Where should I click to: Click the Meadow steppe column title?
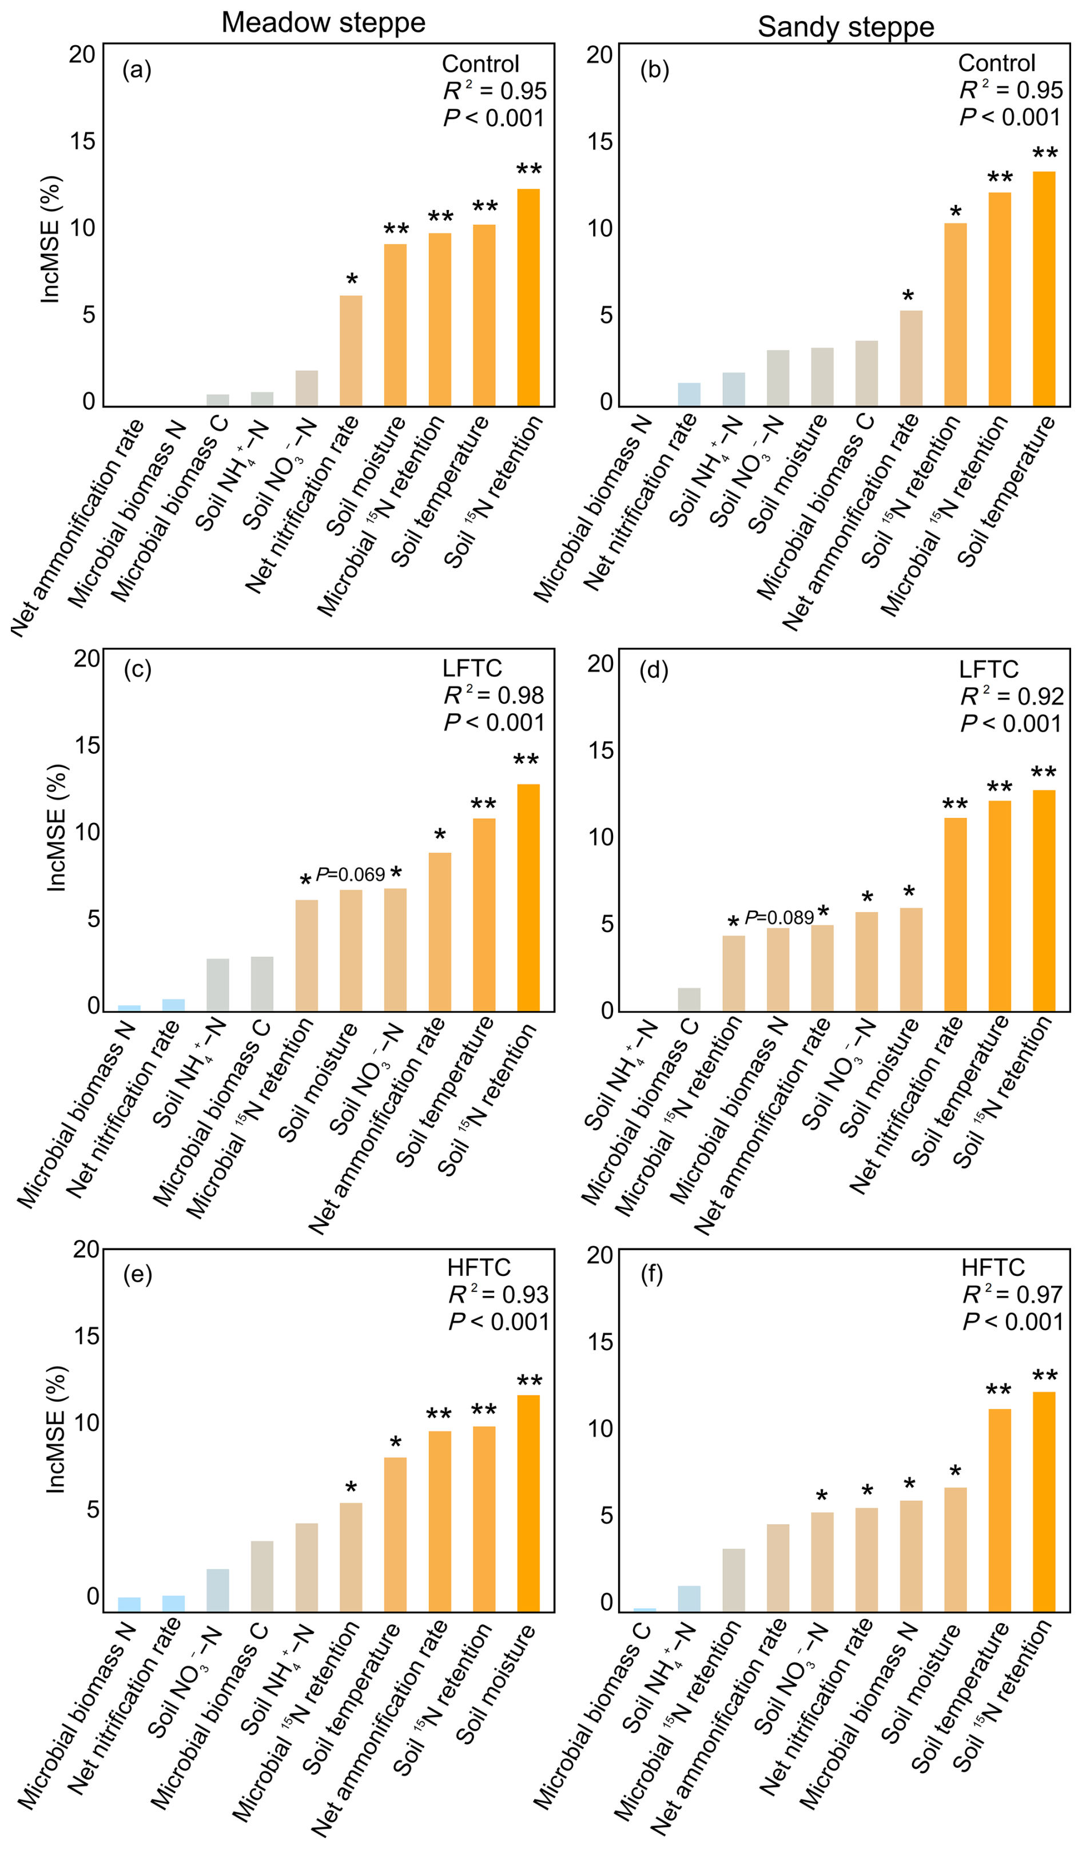tap(324, 23)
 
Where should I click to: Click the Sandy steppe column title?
tap(846, 27)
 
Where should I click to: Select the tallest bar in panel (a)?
tap(528, 297)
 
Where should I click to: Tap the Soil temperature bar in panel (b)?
tap(1044, 288)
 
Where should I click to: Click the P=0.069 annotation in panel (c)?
tap(351, 874)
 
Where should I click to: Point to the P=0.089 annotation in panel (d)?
tap(779, 918)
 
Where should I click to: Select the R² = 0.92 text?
tap(1012, 697)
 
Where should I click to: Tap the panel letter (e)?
tap(137, 1274)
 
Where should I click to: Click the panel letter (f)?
tap(651, 1274)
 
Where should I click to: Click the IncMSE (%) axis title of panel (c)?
tap(57, 828)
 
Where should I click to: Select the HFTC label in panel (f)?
tap(993, 1268)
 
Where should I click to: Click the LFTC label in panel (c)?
tap(472, 669)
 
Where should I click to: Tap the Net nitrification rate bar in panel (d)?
tap(955, 914)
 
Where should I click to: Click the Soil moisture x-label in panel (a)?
tap(365, 475)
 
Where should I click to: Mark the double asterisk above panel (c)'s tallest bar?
tap(526, 761)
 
